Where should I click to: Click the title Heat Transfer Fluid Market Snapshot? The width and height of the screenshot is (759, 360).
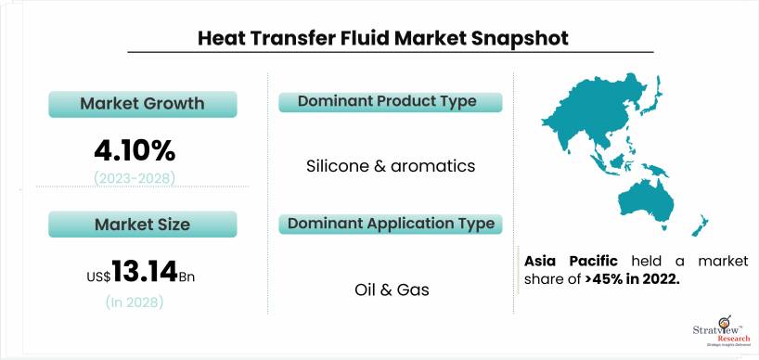(x=383, y=38)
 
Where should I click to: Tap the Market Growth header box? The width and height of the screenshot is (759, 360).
(x=143, y=104)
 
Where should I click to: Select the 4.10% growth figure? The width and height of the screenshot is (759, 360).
(x=135, y=152)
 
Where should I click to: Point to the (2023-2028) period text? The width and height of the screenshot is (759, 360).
(x=135, y=179)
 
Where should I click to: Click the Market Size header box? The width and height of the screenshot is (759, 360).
(x=143, y=224)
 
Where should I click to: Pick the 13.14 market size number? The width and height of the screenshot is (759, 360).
(x=145, y=271)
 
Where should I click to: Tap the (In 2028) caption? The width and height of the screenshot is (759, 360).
(x=135, y=302)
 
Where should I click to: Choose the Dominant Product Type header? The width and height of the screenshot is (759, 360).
(x=390, y=102)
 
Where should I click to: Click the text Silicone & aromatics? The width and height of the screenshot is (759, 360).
(x=391, y=166)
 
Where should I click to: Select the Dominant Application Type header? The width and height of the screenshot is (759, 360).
(x=390, y=224)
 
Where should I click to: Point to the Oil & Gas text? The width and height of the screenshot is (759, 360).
(x=392, y=289)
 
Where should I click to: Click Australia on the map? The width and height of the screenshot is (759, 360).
(x=647, y=203)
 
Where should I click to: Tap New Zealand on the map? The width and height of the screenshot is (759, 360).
(x=701, y=226)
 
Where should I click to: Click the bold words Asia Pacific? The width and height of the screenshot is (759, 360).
(x=572, y=262)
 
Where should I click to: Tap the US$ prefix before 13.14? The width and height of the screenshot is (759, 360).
(x=99, y=276)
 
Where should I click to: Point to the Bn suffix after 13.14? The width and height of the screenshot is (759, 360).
(x=187, y=277)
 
